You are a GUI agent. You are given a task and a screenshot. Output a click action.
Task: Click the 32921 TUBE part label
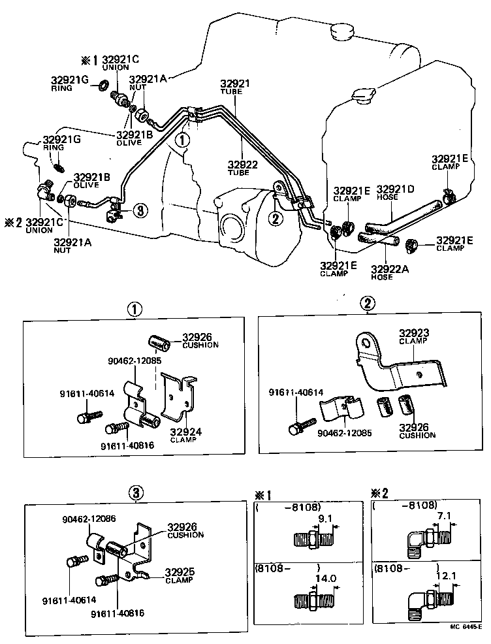click(x=234, y=88)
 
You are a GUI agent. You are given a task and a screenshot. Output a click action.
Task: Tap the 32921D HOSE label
click(x=396, y=193)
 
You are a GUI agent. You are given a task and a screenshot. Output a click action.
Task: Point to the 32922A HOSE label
click(x=390, y=272)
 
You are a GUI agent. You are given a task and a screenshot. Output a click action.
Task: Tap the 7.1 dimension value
click(x=445, y=516)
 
